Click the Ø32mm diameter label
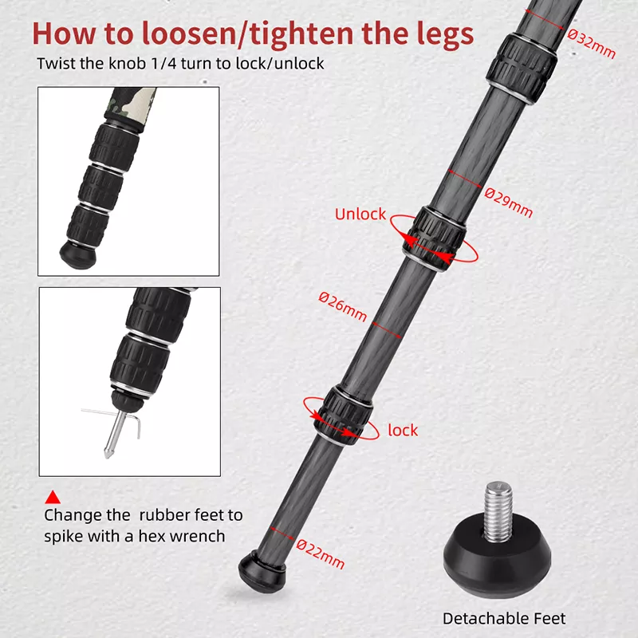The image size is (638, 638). (x=592, y=44)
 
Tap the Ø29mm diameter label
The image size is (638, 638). (x=509, y=203)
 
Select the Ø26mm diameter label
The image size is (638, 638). (x=343, y=306)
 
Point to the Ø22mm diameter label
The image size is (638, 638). (x=321, y=553)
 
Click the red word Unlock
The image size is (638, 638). (x=360, y=214)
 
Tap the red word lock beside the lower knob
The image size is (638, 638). (x=403, y=430)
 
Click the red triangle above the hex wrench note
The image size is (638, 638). (x=53, y=497)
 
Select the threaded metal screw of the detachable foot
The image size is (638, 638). (x=498, y=511)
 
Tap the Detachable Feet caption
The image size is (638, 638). (x=504, y=619)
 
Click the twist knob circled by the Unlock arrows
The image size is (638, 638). (x=435, y=238)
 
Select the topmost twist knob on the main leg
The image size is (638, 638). (x=522, y=68)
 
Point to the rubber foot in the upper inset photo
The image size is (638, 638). (x=78, y=254)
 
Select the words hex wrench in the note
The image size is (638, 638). (x=182, y=536)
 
